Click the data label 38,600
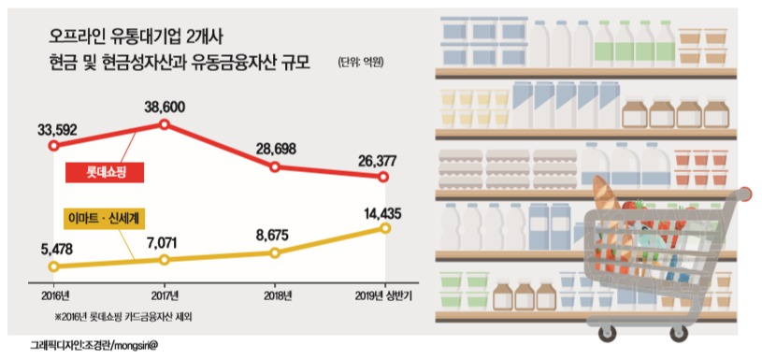(x=165, y=108)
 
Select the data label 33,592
(x=57, y=130)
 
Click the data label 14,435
(x=381, y=213)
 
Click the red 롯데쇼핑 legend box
(x=105, y=172)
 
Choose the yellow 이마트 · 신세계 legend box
(x=105, y=219)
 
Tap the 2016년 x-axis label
(x=54, y=295)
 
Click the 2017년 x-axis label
(x=165, y=295)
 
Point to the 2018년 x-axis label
(x=275, y=295)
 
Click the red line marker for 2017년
(x=165, y=125)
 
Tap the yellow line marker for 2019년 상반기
(x=385, y=228)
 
